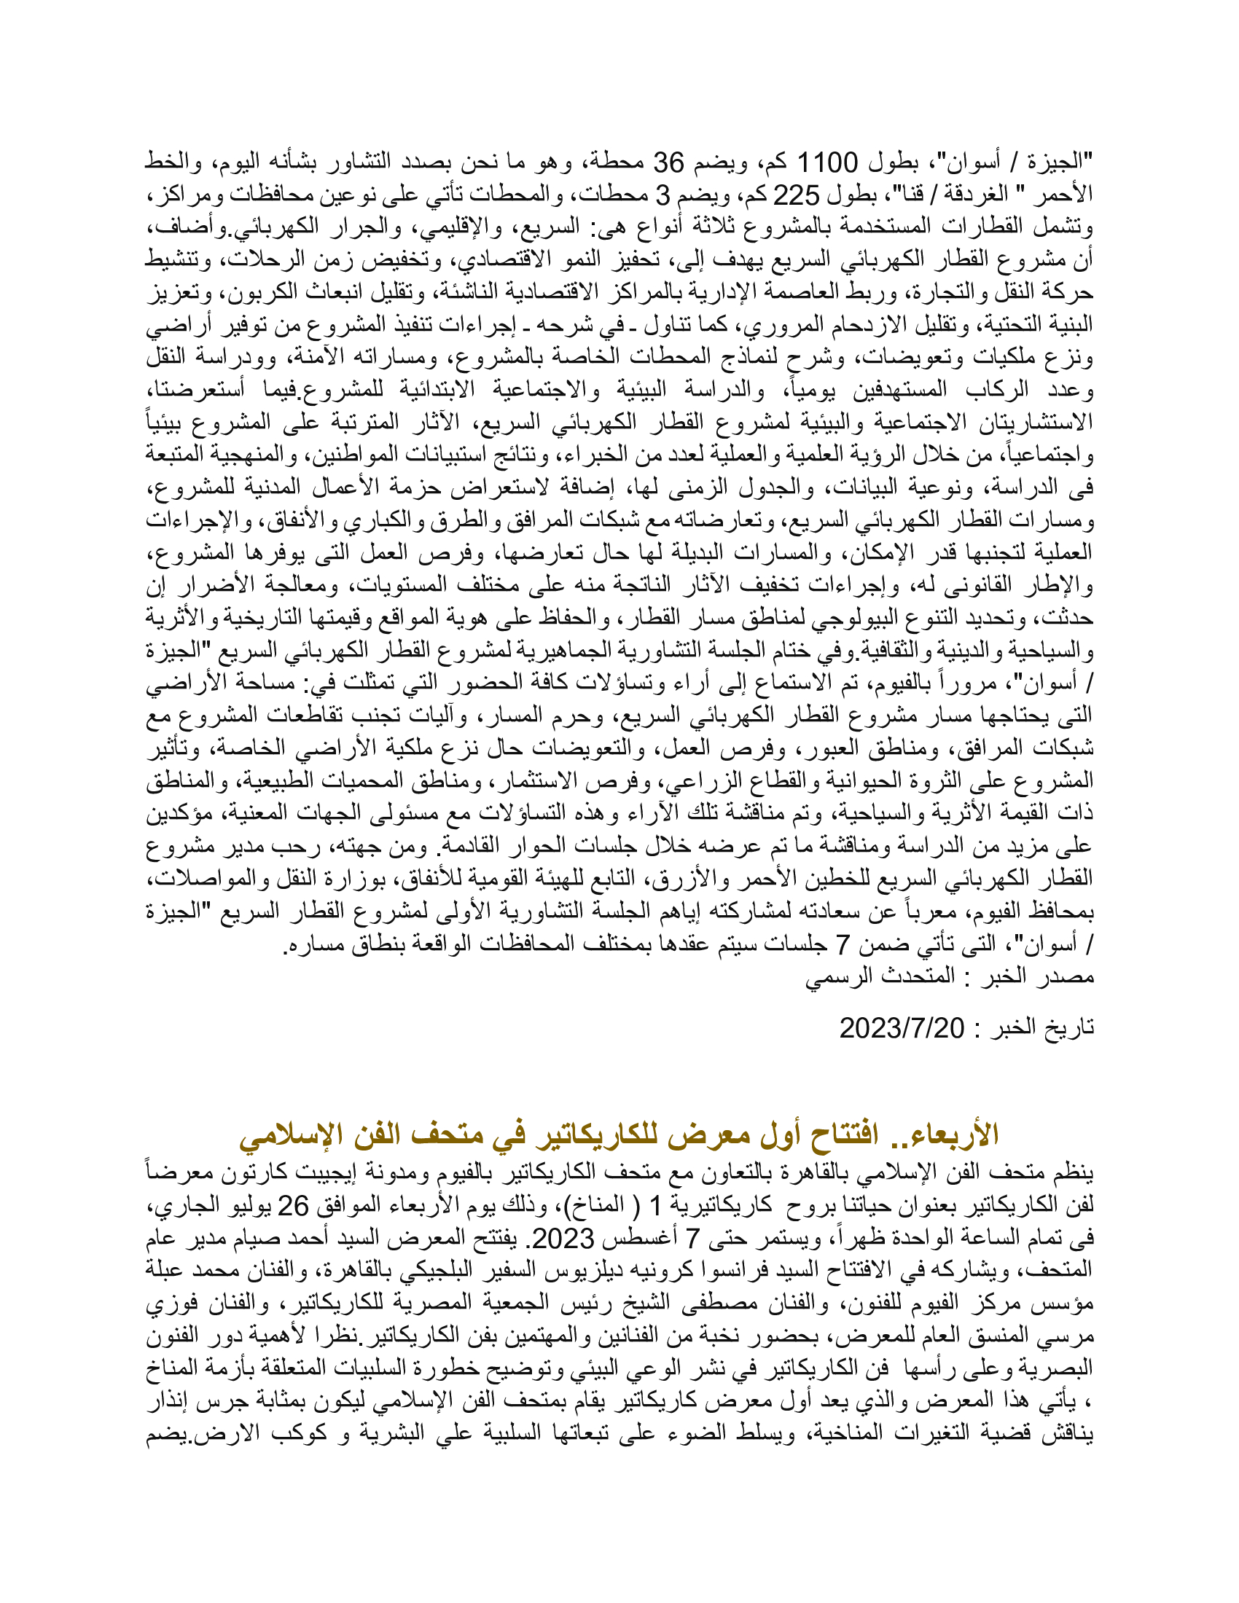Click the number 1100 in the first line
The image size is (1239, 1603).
point(826,162)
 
